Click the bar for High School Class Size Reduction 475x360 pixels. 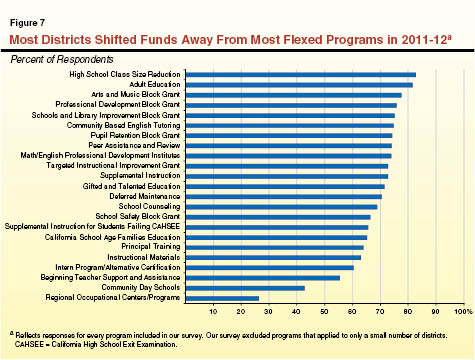pyautogui.click(x=300, y=75)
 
